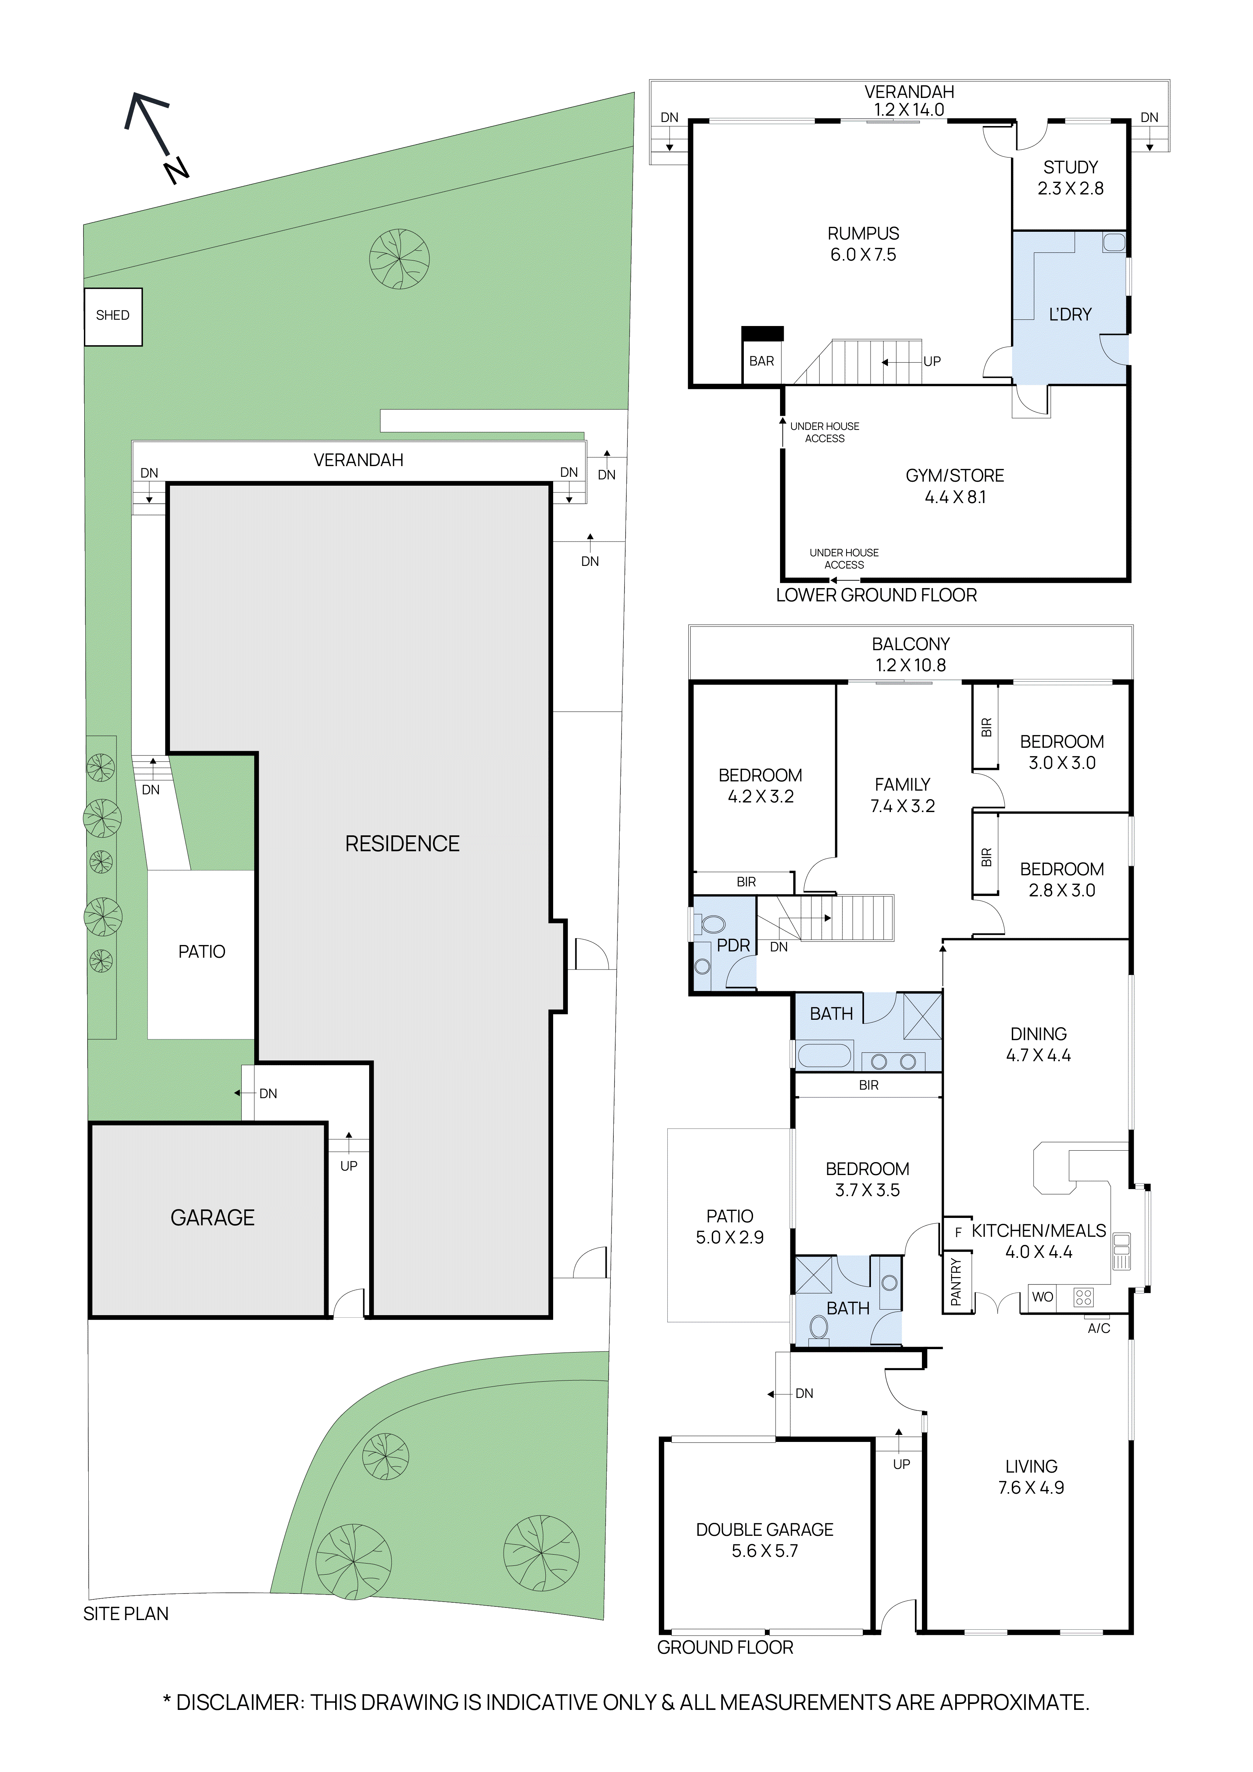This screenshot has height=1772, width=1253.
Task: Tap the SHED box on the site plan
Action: (113, 316)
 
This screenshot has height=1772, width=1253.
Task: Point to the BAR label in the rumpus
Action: (762, 361)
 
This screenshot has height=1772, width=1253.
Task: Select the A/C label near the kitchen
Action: (1099, 1328)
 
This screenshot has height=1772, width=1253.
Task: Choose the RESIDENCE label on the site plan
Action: (402, 843)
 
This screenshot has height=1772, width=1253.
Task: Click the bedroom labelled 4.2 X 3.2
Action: (760, 786)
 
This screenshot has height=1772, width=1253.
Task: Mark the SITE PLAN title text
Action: (126, 1614)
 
